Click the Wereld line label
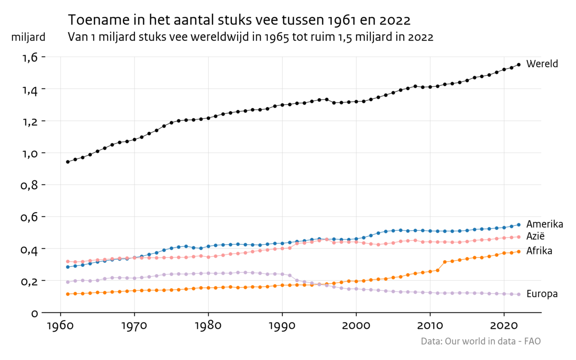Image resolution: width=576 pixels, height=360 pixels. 542,64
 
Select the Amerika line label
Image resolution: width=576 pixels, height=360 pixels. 544,224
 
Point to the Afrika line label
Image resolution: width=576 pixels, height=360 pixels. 539,251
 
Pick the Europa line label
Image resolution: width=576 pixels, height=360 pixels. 542,294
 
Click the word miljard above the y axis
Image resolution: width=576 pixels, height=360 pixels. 28,37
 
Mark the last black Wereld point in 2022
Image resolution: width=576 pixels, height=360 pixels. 519,65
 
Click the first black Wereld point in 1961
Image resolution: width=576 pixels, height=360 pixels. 68,162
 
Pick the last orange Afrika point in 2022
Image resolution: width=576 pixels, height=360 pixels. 519,252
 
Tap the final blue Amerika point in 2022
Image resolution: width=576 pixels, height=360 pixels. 519,225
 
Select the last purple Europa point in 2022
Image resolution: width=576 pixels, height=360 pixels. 519,294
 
